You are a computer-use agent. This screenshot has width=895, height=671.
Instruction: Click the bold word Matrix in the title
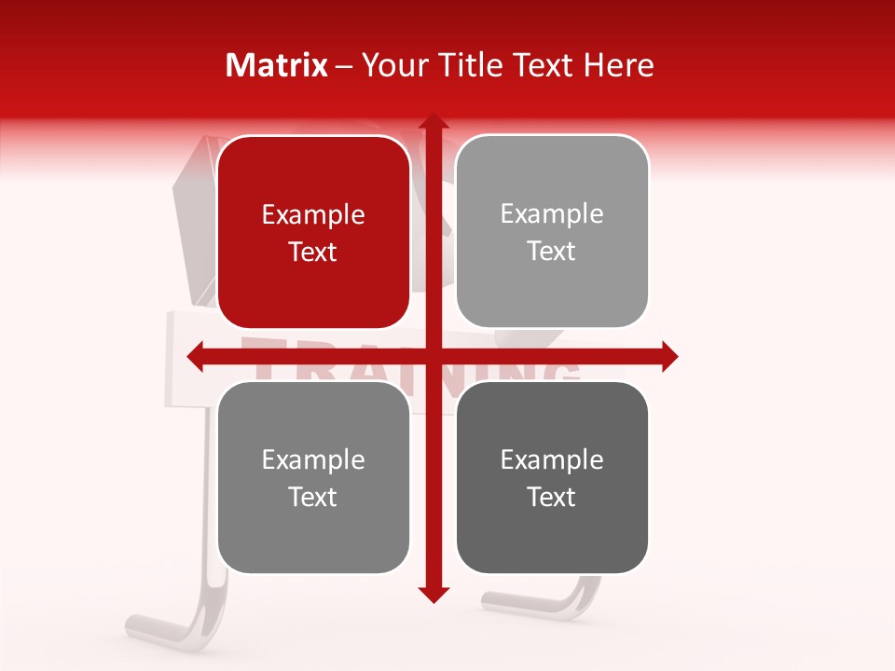pos(277,65)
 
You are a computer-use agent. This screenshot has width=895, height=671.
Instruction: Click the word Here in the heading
pos(619,65)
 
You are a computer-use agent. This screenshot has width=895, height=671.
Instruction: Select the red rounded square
pos(313,233)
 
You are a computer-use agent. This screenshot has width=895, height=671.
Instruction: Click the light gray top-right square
pos(552,232)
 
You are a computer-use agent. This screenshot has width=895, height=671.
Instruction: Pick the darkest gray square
pos(552,478)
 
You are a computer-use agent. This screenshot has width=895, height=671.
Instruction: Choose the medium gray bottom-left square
pos(313,478)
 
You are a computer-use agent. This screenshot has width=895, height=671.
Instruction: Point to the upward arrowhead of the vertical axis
pos(433,123)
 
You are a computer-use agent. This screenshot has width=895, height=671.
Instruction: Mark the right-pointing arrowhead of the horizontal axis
pos(668,357)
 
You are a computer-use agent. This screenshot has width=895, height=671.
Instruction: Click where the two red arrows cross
pos(433,357)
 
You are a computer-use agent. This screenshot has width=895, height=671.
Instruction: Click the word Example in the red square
pos(313,215)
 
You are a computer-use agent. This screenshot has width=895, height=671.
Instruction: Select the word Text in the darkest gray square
pos(552,497)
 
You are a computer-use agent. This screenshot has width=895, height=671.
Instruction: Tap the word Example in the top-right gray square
pos(552,214)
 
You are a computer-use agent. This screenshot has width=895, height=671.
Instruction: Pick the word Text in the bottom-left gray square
pos(313,497)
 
